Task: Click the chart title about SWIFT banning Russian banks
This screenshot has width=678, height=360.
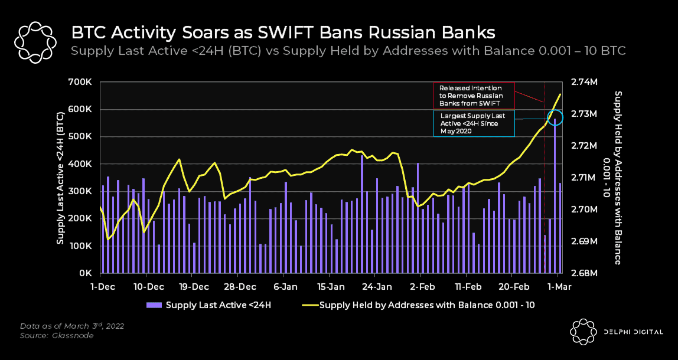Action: coord(283,31)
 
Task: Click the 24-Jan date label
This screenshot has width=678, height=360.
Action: coord(376,287)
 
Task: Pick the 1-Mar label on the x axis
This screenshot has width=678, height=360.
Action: coord(559,287)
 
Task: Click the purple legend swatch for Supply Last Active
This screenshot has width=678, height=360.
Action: coord(154,305)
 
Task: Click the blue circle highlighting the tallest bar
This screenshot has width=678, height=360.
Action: coord(555,117)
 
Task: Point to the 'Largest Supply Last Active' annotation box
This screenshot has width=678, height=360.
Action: coord(473,123)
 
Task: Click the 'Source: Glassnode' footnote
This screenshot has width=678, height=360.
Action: coord(57,336)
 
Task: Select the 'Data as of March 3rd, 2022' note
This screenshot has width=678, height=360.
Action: coord(71,326)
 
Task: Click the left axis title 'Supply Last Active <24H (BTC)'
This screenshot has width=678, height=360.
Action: coord(60,177)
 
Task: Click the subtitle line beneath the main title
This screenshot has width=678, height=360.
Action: coord(348,51)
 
